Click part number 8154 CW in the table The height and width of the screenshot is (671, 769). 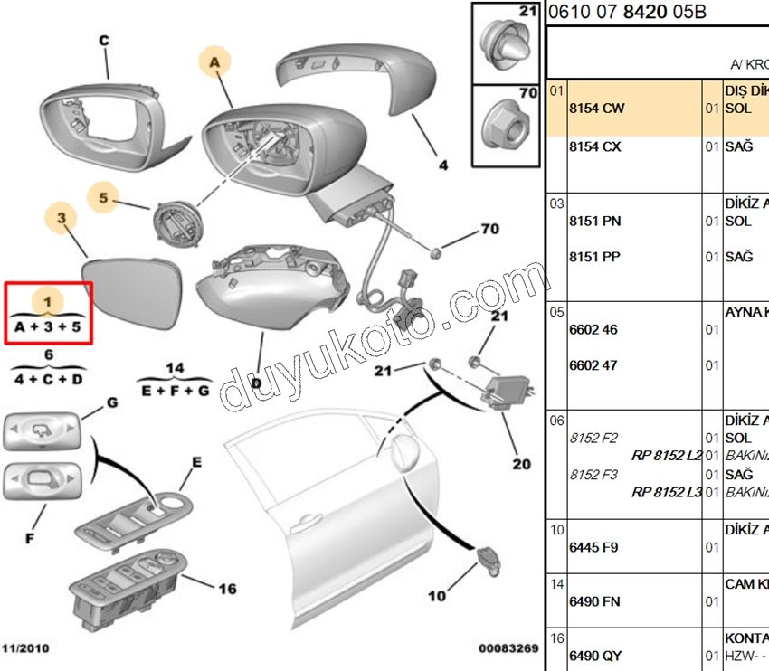pyautogui.click(x=595, y=109)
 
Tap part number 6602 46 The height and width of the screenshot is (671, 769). pyautogui.click(x=593, y=330)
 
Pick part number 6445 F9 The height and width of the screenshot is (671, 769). pyautogui.click(x=593, y=547)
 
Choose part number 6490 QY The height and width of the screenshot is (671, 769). pyautogui.click(x=594, y=656)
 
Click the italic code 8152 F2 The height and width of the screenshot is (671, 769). pyautogui.click(x=593, y=439)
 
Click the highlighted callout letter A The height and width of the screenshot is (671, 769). pyautogui.click(x=214, y=61)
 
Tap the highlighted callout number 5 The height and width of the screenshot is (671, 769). pyautogui.click(x=103, y=197)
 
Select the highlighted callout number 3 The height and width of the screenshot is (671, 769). pyautogui.click(x=62, y=218)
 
